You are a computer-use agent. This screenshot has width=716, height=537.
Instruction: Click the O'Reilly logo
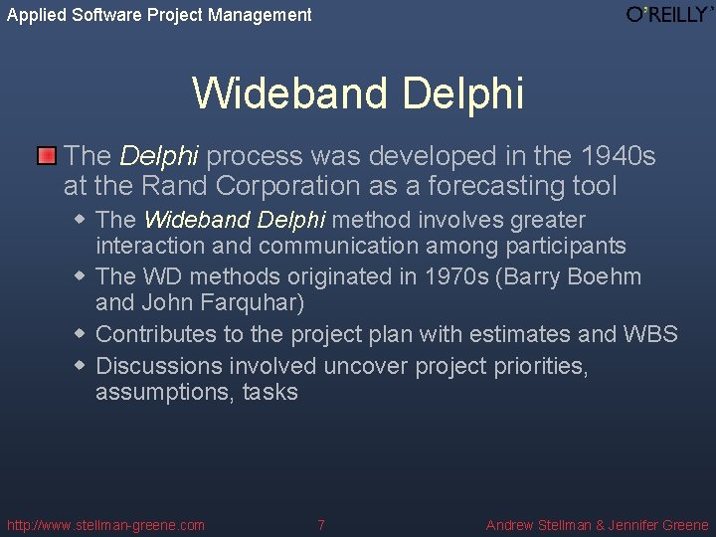coord(668,15)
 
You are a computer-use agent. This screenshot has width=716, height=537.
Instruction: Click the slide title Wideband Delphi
coord(358,92)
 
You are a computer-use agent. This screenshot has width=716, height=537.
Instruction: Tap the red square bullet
coord(47,156)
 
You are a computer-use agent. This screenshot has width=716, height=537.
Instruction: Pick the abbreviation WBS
coord(650,334)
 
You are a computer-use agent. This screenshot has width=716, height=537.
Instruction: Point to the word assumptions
coord(163,392)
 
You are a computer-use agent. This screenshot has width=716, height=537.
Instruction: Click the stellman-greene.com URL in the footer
coord(105,525)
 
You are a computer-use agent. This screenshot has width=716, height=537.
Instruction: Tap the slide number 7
coord(320,525)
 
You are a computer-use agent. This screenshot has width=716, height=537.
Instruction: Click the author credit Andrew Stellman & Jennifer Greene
coord(597,525)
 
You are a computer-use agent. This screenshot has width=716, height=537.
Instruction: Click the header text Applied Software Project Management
coord(159,15)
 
